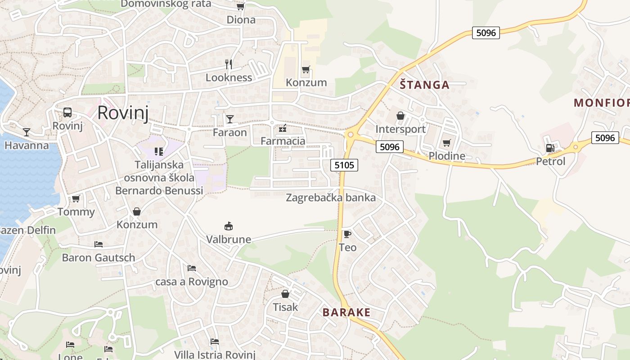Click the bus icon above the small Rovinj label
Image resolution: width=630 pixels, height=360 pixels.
[67, 112]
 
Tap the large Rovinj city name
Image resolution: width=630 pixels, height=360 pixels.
[123, 112]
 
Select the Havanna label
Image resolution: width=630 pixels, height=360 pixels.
[27, 145]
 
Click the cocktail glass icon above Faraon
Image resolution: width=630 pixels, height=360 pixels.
[230, 119]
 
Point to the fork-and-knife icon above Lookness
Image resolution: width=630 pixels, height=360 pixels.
[229, 64]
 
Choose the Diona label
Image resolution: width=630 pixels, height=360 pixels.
[241, 20]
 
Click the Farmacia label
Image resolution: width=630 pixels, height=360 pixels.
[283, 141]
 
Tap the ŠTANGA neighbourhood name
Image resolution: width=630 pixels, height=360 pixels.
[425, 85]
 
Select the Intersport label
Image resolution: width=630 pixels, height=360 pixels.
[400, 129]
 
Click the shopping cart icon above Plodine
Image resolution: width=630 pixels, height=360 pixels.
[446, 143]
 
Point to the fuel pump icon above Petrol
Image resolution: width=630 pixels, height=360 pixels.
[549, 148]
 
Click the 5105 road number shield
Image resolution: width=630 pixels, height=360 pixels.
[344, 165]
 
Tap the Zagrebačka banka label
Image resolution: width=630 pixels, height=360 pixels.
[331, 198]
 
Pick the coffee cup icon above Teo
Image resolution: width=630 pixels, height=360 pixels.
[347, 234]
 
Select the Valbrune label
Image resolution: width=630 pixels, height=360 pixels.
[229, 239]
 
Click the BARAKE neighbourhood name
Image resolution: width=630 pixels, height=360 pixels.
[346, 312]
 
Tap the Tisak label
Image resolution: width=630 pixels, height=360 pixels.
[285, 307]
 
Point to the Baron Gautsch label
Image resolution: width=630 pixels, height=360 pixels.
[99, 258]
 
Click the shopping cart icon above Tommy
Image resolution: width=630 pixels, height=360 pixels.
[76, 198]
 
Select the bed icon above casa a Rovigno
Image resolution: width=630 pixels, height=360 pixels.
[192, 268]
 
